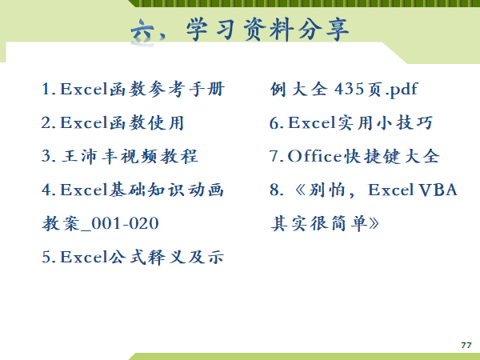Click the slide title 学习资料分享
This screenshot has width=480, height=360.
[x=267, y=30]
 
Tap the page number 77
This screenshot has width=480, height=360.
[x=466, y=345]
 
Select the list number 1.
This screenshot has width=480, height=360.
[x=46, y=89]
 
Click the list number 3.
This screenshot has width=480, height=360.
[x=46, y=156]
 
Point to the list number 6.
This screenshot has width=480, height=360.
[x=274, y=122]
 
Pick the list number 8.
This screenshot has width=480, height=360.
[x=274, y=190]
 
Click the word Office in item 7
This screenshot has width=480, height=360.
[x=314, y=156]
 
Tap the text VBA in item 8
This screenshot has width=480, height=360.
[x=438, y=190]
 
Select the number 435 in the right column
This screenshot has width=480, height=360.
[x=349, y=89]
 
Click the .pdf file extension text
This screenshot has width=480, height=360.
[x=402, y=90]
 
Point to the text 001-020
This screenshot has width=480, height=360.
[x=125, y=223]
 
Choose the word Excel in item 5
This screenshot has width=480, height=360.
[x=84, y=257]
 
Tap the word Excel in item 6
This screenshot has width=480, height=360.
[x=312, y=122]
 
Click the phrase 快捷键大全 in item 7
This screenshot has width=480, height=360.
[x=392, y=156]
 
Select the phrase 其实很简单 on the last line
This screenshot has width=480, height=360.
[x=318, y=223]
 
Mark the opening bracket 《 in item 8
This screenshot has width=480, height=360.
[x=300, y=190]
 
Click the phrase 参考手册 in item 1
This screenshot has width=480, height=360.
[x=186, y=89]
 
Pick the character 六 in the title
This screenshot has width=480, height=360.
[x=142, y=31]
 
